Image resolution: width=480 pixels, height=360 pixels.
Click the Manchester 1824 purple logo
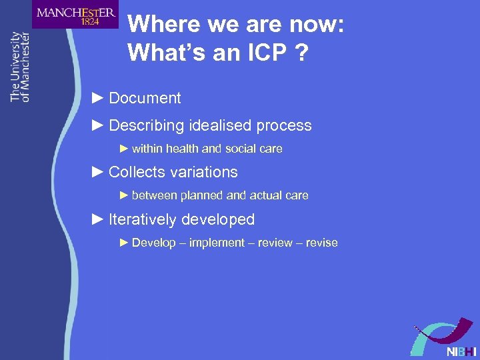pyautogui.click(x=75, y=15)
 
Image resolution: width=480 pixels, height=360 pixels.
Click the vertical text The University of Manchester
pyautogui.click(x=20, y=67)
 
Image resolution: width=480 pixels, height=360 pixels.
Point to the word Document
pyautogui.click(x=145, y=98)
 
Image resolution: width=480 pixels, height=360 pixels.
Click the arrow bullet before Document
pyautogui.click(x=97, y=98)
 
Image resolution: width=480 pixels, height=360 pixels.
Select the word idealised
pyautogui.click(x=219, y=125)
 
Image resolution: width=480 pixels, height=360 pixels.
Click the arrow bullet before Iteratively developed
pyautogui.click(x=97, y=219)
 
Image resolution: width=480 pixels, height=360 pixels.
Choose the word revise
pyautogui.click(x=321, y=243)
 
